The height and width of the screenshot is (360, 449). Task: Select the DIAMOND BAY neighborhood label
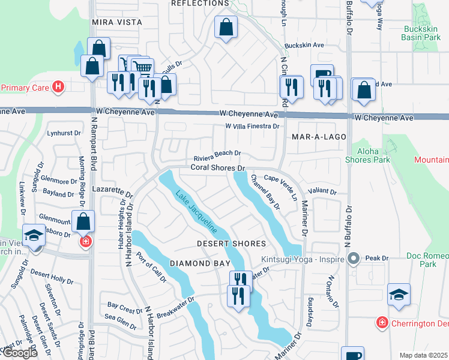[x=200, y=263]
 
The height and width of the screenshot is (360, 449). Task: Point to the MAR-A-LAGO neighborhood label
[x=319, y=137]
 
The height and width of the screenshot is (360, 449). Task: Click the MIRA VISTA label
[x=117, y=22]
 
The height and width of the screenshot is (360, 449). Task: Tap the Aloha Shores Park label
[x=367, y=155]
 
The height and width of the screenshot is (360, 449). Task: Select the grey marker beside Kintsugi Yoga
[x=354, y=259]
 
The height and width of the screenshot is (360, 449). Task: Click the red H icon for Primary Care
[x=58, y=87]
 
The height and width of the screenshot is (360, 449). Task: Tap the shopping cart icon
[x=142, y=67]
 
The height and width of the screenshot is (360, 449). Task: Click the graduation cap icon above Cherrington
[x=399, y=295]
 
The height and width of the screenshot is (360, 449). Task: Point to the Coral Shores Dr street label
[x=218, y=169]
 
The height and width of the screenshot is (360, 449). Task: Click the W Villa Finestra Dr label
[x=252, y=127]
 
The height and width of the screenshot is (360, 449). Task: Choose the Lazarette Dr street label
[x=112, y=191]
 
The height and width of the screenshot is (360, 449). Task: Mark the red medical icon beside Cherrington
[x=382, y=323]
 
